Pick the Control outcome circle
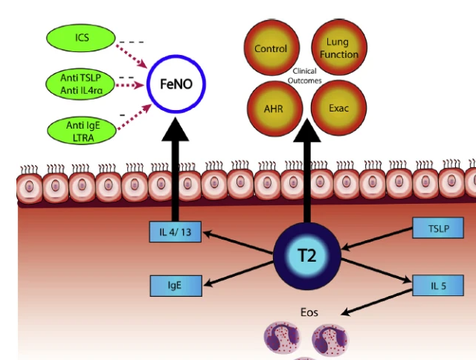[271, 49]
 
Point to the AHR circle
[271, 109]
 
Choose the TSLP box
[438, 228]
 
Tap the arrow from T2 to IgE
[238, 272]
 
